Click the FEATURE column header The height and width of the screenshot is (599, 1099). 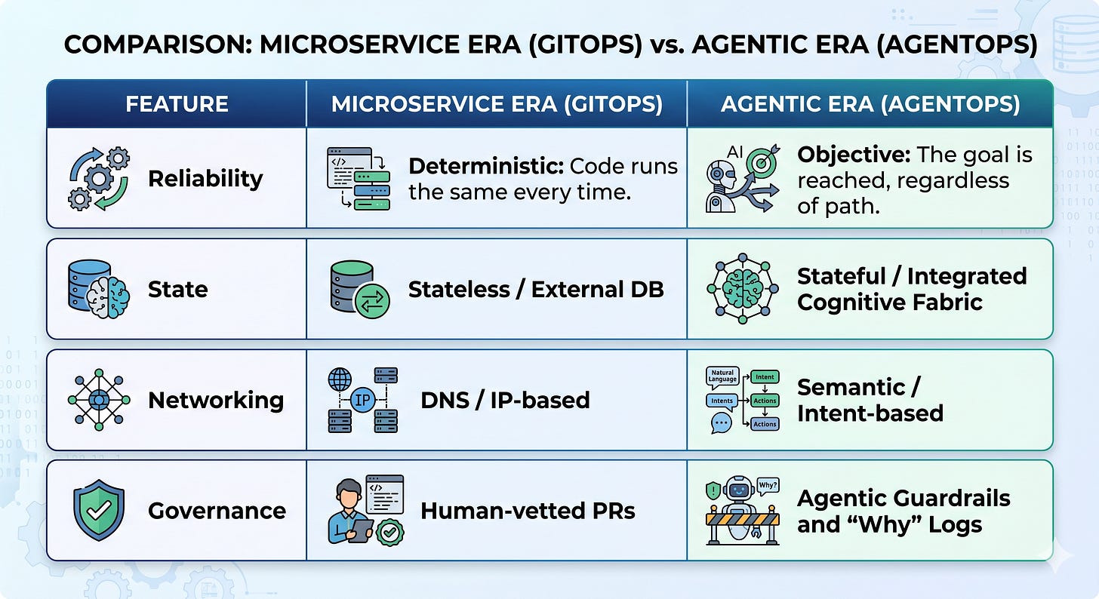pos(177,104)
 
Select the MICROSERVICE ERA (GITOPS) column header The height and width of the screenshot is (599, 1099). pos(497,104)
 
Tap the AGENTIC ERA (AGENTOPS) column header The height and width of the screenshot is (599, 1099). pos(870,104)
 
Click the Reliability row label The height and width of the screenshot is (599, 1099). pos(205,179)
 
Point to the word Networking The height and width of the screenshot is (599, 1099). pos(216,401)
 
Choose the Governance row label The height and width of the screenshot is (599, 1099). pos(217,511)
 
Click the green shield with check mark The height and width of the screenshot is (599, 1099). pos(99,510)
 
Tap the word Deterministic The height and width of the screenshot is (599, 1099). pos(486,167)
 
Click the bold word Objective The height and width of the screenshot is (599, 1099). pos(854,155)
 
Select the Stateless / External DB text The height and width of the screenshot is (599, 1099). pos(536,290)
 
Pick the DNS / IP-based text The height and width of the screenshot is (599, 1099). pos(505,401)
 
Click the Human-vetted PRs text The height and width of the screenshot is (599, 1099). pos(528,511)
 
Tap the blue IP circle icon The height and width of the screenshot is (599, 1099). pos(362,400)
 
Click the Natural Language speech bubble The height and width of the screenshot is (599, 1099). pos(722,376)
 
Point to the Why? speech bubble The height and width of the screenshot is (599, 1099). pos(768,486)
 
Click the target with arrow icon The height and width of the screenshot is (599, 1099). pos(762,161)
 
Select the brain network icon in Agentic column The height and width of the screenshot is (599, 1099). pos(742,289)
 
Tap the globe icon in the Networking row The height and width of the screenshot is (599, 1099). pos(340,379)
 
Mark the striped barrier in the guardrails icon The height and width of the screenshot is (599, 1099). pos(742,520)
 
